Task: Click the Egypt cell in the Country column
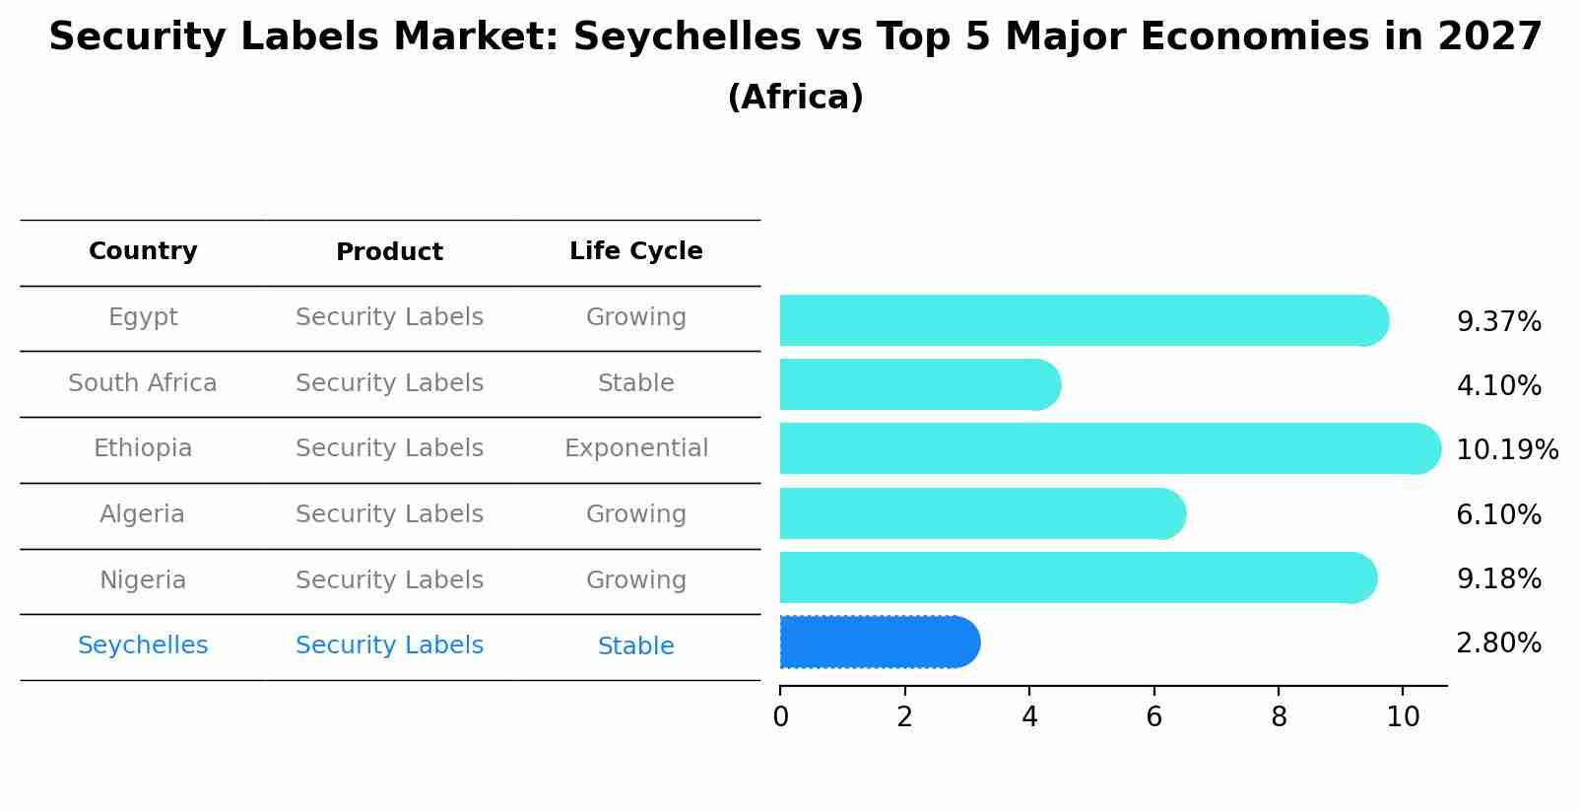click(143, 317)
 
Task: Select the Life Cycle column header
click(635, 251)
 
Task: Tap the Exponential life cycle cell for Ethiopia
click(635, 448)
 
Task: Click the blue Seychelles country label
click(143, 645)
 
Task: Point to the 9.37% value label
click(1498, 322)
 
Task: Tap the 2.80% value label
click(1498, 643)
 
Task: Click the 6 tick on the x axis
click(1153, 717)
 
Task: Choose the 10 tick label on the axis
click(1403, 717)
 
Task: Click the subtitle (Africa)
click(795, 98)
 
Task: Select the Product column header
click(389, 252)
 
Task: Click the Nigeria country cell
click(143, 580)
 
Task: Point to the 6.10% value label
click(1498, 514)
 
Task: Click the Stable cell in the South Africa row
click(635, 383)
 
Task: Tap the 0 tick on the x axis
click(780, 717)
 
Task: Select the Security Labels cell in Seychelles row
click(389, 645)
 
